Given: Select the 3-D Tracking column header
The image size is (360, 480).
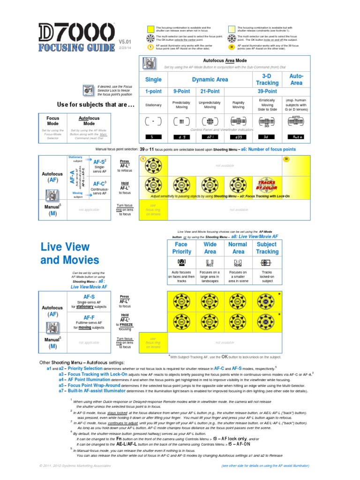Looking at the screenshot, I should pyautogui.click(x=267, y=79).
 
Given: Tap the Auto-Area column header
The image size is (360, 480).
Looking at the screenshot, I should pyautogui.click(x=296, y=79).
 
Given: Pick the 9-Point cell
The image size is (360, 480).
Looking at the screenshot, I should pyautogui.click(x=181, y=91).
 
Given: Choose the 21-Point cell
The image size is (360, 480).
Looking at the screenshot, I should pyautogui.click(x=210, y=91).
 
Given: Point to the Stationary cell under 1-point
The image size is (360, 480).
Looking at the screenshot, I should pyautogui.click(x=153, y=105).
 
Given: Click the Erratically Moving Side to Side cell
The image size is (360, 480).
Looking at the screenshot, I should pyautogui.click(x=267, y=105).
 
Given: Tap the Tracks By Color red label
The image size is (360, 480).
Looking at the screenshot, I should pyautogui.click(x=266, y=185).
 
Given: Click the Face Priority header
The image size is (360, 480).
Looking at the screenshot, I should pyautogui.click(x=181, y=248).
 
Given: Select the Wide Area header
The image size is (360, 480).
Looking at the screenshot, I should pyautogui.click(x=210, y=248).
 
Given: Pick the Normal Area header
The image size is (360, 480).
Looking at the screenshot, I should pyautogui.click(x=238, y=248).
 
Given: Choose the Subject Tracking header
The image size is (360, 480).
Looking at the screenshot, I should pyautogui.click(x=267, y=248).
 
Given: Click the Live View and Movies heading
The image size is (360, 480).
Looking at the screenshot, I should pyautogui.click(x=70, y=253).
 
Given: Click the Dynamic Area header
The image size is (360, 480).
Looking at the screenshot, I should pyautogui.click(x=210, y=80).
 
